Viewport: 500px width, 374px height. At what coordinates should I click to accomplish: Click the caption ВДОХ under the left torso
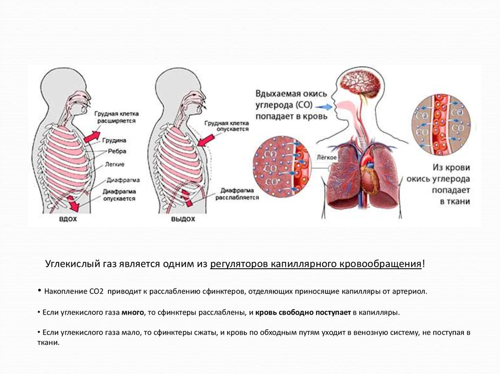coord(68,219)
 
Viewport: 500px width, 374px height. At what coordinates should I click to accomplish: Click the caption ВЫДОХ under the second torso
coord(183,219)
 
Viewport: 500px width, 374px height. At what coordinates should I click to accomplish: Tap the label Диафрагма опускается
coord(119,196)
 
